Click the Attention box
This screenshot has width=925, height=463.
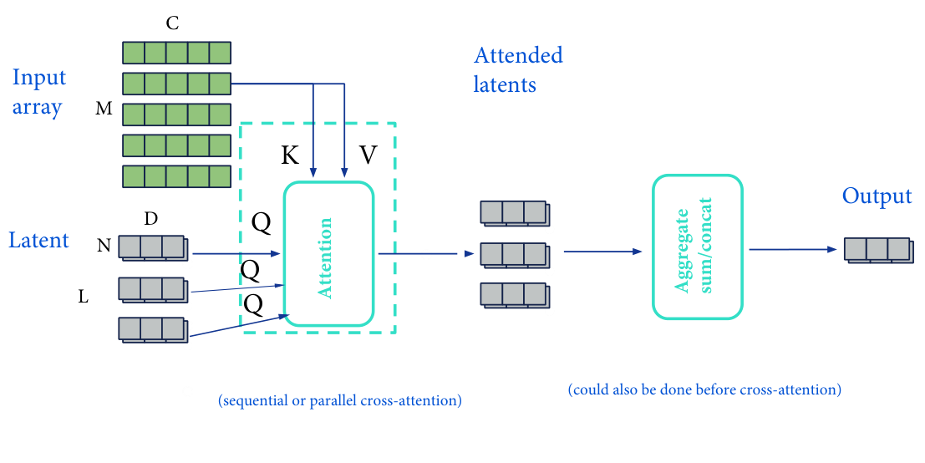[328, 253]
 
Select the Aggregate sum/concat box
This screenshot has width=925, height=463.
[697, 247]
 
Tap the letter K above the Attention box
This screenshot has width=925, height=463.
[290, 155]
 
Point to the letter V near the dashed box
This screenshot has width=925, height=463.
[368, 155]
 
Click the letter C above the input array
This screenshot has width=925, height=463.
[172, 23]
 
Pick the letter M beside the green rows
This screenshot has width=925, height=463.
[104, 109]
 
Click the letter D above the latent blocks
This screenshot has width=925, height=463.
[150, 219]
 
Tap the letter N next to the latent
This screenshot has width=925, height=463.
[104, 246]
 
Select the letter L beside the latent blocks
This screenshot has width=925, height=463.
[84, 296]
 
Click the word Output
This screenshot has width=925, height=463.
[877, 196]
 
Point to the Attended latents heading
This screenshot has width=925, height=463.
[518, 69]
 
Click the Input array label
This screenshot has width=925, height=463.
[38, 92]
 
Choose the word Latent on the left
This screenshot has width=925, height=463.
[38, 241]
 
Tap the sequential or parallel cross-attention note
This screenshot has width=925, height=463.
[339, 401]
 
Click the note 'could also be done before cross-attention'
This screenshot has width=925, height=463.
[704, 389]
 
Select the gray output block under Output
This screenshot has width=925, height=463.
[877, 249]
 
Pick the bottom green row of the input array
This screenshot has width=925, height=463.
[176, 176]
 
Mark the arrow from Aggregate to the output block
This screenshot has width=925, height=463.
[793, 249]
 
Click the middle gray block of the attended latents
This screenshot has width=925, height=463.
[514, 254]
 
